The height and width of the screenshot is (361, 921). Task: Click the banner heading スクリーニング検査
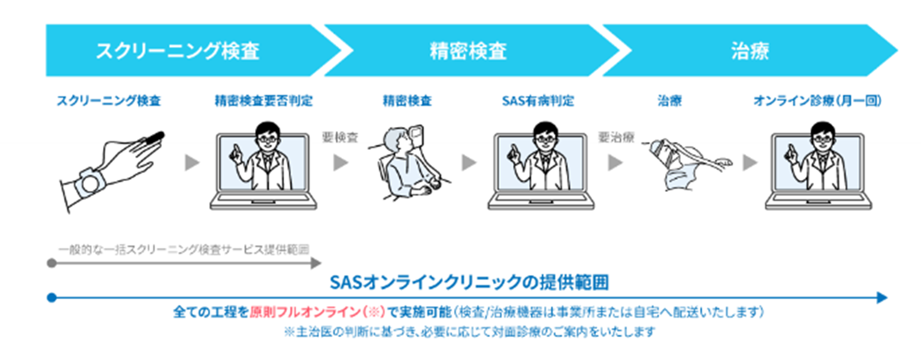[x=177, y=51]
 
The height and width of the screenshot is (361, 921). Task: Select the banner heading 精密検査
[x=468, y=51]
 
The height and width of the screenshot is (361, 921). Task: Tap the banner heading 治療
[x=750, y=51]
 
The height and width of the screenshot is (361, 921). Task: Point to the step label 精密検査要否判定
[x=263, y=101]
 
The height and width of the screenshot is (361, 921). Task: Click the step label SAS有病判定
[x=538, y=101]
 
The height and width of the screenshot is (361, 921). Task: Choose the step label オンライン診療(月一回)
[x=817, y=101]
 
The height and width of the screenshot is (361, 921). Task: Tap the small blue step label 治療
[x=670, y=101]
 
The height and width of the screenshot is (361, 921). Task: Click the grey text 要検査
[x=340, y=137]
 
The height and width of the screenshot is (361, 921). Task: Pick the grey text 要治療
[x=616, y=137]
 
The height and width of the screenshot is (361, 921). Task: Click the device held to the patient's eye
[x=416, y=133]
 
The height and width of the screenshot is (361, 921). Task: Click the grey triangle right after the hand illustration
[x=192, y=163]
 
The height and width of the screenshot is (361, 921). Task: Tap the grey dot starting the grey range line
[x=52, y=263]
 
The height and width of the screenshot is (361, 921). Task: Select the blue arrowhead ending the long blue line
[x=882, y=298]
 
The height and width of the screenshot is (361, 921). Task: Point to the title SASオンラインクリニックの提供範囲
[x=469, y=282]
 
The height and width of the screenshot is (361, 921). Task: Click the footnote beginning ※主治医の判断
[x=469, y=332]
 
